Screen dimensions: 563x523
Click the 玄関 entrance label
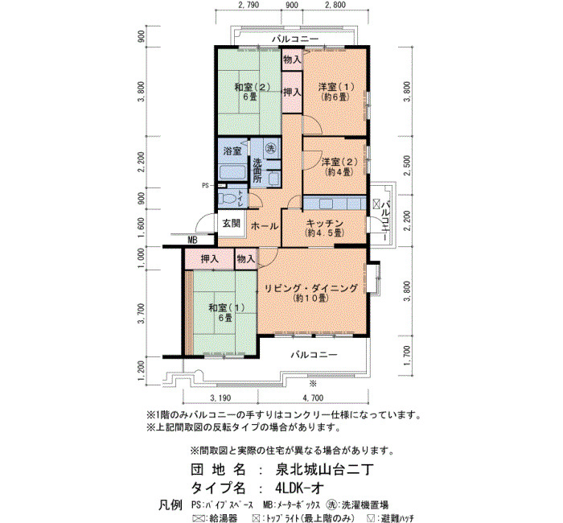pos(232,223)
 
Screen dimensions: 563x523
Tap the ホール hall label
pos(265,226)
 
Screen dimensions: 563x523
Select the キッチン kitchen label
pos(325,223)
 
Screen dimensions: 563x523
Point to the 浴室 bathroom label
pos(232,151)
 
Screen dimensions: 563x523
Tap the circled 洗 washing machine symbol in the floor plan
pos(270,147)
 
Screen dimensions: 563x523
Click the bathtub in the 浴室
pos(232,172)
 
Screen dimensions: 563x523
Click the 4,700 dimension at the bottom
pos(313,398)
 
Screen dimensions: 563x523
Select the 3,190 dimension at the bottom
pos(220,398)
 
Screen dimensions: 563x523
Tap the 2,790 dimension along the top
pos(249,5)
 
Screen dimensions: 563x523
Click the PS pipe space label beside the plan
pos(205,186)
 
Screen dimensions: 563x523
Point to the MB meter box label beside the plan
pos(192,241)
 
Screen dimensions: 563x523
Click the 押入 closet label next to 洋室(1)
pos(292,93)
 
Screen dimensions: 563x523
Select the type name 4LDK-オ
pos(300,488)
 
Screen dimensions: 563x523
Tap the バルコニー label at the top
pos(295,39)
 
